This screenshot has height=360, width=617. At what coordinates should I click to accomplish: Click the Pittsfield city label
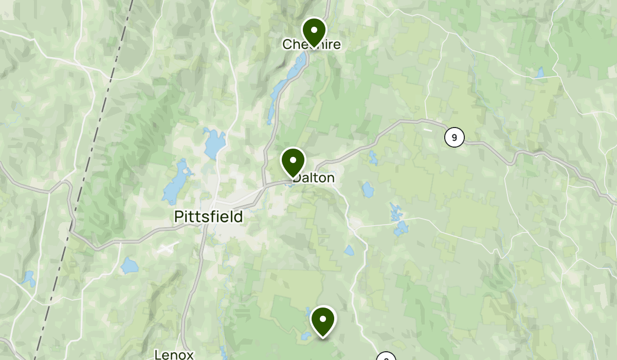pyautogui.click(x=208, y=217)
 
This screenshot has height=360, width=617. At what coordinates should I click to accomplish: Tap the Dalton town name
pyautogui.click(x=314, y=178)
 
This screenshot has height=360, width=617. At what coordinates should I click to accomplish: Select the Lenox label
pyautogui.click(x=174, y=354)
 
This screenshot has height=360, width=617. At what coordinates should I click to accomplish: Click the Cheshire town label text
pyautogui.click(x=312, y=45)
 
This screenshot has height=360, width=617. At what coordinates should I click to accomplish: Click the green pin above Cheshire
pyautogui.click(x=314, y=31)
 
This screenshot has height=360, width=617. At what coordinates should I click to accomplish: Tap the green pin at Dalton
pyautogui.click(x=293, y=161)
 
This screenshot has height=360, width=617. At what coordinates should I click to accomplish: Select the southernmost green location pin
pyautogui.click(x=323, y=320)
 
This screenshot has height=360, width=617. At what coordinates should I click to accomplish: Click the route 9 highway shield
pyautogui.click(x=454, y=137)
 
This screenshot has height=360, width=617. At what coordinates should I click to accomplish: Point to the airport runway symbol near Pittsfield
pyautogui.click(x=167, y=249)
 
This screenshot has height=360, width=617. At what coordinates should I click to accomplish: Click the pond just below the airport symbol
pyautogui.click(x=130, y=266)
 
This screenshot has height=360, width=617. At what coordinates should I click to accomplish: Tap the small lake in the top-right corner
pyautogui.click(x=539, y=73)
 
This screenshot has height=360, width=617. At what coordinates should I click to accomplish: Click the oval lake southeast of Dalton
pyautogui.click(x=367, y=190)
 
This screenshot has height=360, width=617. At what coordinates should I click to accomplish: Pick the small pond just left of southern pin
pyautogui.click(x=305, y=336)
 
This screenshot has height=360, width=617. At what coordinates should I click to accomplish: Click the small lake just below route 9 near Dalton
pyautogui.click(x=373, y=158)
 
